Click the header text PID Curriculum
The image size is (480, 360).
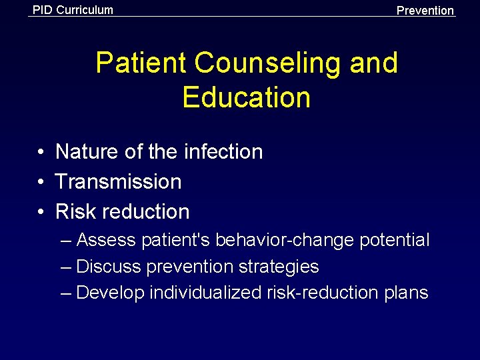pos(73,10)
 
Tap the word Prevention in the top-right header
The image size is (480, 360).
pos(425,11)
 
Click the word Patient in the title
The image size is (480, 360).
pos(141,63)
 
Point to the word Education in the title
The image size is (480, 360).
pos(246,97)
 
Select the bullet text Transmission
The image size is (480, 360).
pos(118,181)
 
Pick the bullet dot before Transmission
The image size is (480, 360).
pos(41,182)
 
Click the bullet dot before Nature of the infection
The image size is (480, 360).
pos(41,153)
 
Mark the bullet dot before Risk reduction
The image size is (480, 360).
pos(41,213)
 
